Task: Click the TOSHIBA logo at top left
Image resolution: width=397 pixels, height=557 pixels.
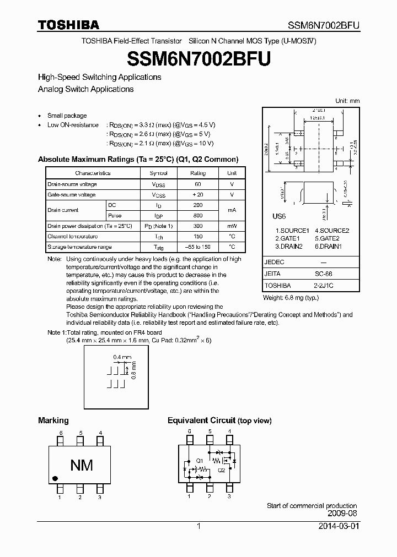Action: (x=68, y=25)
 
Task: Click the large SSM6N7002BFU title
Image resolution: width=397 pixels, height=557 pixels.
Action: (x=198, y=58)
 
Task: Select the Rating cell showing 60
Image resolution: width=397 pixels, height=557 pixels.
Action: (x=198, y=184)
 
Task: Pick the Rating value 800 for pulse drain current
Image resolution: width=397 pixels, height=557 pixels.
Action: (x=198, y=216)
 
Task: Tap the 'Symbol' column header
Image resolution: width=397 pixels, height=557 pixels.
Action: (x=159, y=173)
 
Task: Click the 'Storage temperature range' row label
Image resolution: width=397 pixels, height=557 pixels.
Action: (x=79, y=247)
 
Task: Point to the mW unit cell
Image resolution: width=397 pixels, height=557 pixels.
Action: (x=232, y=226)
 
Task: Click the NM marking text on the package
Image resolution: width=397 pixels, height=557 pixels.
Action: (x=81, y=465)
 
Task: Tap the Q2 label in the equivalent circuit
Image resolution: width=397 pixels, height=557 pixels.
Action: (x=221, y=470)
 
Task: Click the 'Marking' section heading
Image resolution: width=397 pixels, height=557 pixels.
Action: (x=53, y=421)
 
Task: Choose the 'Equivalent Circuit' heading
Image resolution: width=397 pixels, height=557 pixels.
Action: (x=201, y=421)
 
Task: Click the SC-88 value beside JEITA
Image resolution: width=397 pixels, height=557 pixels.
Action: (x=324, y=274)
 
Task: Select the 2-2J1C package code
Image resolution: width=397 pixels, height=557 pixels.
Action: (x=324, y=286)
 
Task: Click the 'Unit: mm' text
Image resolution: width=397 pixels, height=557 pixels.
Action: (x=347, y=101)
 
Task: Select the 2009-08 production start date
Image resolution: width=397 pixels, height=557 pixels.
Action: (x=342, y=513)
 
